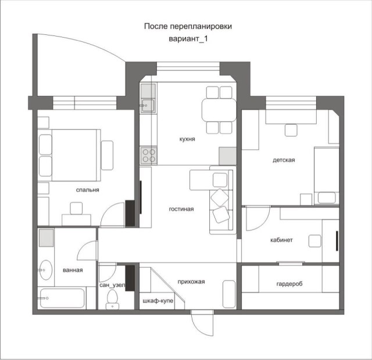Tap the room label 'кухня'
[x=187, y=140]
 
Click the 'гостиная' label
[x=181, y=209]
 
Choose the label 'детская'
[x=284, y=160]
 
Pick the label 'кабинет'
[x=281, y=240]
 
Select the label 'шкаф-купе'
[x=158, y=301]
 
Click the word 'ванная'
[x=73, y=270]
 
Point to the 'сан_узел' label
[x=112, y=286]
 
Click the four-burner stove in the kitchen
[x=148, y=155]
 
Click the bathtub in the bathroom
[x=61, y=298]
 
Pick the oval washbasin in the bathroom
[x=45, y=269]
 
